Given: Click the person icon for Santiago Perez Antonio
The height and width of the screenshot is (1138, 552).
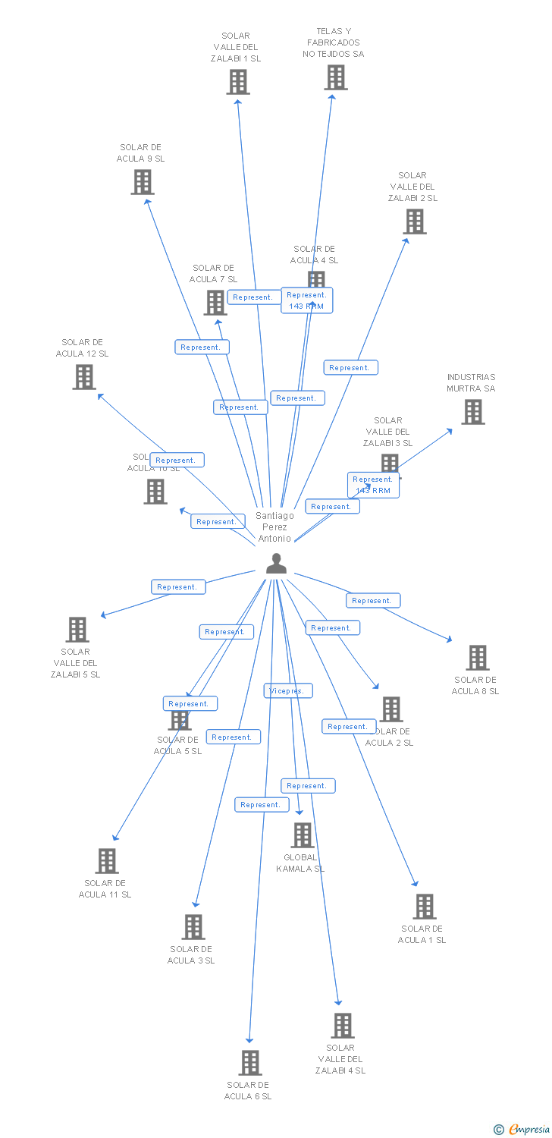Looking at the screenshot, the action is tap(276, 564).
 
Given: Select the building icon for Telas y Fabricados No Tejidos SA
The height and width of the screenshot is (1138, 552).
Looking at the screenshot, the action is tap(336, 77).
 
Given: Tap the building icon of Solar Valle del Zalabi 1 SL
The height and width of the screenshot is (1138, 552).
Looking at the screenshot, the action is tap(237, 82).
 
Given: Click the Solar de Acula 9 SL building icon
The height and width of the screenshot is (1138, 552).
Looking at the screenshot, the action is tap(143, 182).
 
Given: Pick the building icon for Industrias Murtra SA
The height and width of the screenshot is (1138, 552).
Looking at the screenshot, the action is tap(473, 412).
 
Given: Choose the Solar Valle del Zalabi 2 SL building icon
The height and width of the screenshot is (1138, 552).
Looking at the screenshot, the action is tap(414, 222).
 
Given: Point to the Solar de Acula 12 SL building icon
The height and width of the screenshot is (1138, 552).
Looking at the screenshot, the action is tap(84, 377).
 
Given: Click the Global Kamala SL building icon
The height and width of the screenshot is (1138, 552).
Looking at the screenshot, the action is tap(302, 835).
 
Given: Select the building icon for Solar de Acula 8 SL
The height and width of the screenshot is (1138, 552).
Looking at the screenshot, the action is tap(477, 658).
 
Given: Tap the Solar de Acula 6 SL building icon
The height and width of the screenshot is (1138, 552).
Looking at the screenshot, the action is tap(250, 1063).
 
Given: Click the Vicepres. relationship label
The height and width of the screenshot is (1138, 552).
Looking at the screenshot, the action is tap(288, 691).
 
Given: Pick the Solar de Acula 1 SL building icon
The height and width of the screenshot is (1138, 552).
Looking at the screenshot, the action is tap(424, 907).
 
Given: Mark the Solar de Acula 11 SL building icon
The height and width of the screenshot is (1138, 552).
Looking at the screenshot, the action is tap(107, 861).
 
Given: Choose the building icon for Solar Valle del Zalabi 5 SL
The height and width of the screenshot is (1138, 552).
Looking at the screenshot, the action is tap(77, 630).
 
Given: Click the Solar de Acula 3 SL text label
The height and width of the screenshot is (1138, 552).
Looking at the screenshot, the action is tap(191, 954).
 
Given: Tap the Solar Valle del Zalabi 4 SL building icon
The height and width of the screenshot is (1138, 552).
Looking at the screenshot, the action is tap(342, 1026).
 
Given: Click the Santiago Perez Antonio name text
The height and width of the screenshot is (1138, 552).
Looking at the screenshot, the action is tap(274, 527).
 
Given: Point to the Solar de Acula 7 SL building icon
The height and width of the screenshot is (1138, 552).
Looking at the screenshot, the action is tap(215, 303).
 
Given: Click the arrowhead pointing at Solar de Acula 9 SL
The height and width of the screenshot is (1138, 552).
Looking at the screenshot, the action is tap(147, 201).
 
